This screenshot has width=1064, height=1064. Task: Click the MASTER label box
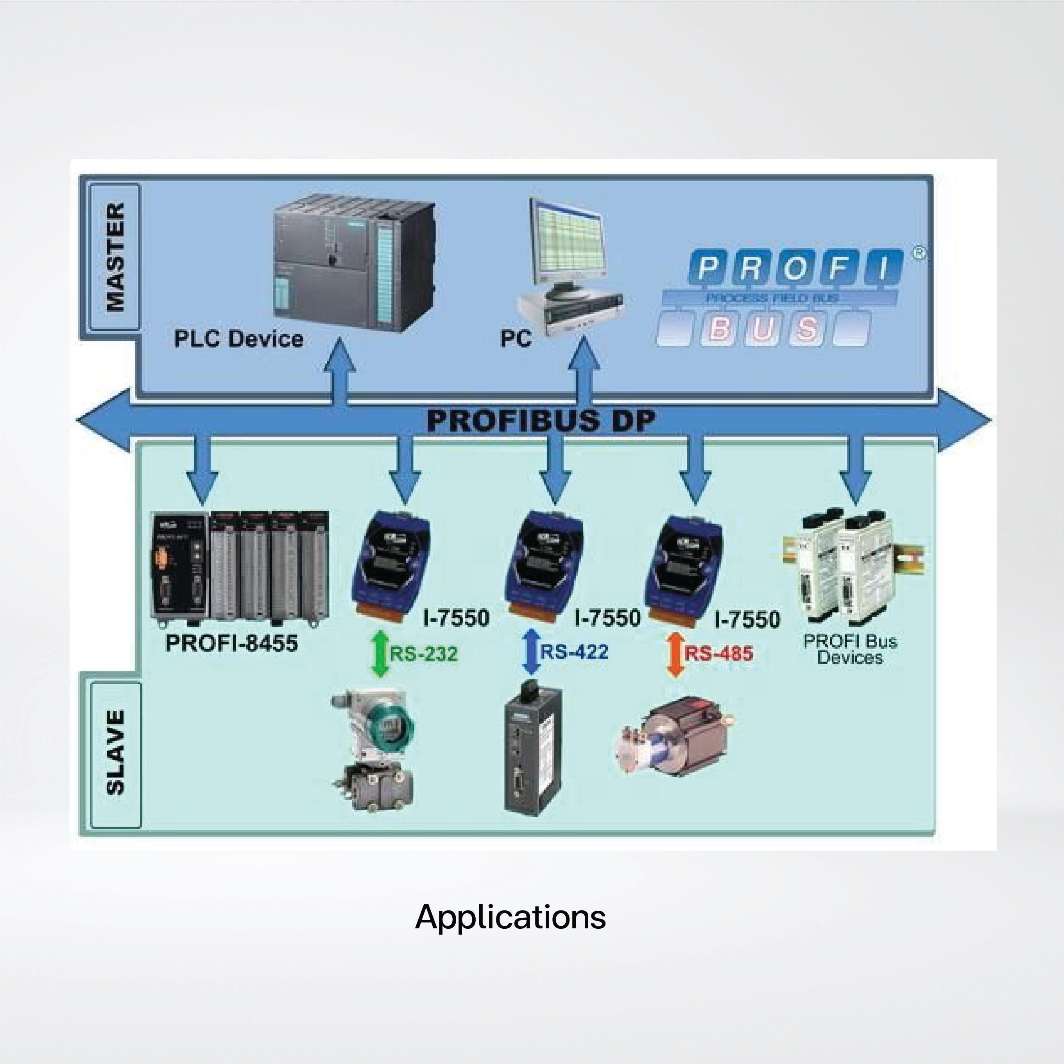pyautogui.click(x=115, y=257)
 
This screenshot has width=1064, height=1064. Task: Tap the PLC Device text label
pyautogui.click(x=238, y=338)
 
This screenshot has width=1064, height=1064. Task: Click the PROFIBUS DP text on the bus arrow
pyautogui.click(x=541, y=421)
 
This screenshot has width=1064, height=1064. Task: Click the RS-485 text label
pyautogui.click(x=719, y=653)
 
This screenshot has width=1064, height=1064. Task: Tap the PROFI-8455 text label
pyautogui.click(x=232, y=643)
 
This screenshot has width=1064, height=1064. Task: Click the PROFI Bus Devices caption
pyautogui.click(x=850, y=649)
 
